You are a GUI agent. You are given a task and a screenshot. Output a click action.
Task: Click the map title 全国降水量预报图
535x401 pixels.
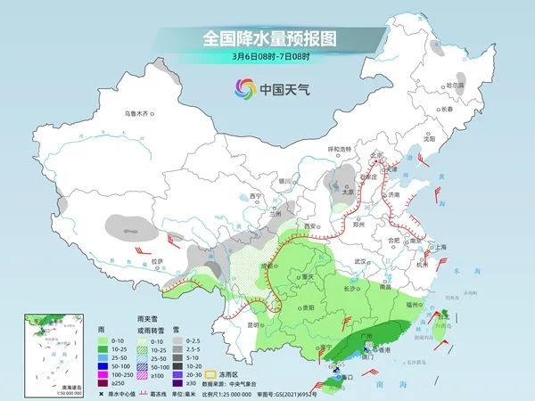(x=267, y=39)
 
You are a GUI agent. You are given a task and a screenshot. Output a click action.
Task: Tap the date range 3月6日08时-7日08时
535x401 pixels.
(x=267, y=58)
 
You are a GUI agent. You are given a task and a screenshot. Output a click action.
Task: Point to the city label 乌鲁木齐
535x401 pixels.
(x=139, y=114)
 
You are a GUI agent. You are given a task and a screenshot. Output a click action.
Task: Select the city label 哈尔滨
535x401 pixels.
(x=455, y=85)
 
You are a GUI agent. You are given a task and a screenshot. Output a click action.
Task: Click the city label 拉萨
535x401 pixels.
(x=158, y=261)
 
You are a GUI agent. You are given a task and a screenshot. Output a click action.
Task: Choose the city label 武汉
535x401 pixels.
(x=360, y=261)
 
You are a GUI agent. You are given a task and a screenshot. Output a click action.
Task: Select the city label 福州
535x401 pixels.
(x=412, y=305)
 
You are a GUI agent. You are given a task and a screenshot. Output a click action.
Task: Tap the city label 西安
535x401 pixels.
(x=310, y=227)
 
